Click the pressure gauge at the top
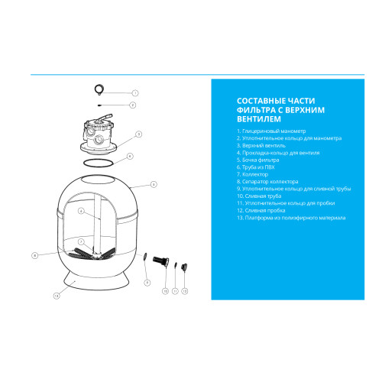(99, 89)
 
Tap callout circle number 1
(135, 93)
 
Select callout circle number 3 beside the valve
(138, 134)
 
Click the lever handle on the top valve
(104, 118)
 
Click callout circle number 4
(130, 156)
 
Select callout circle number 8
(35, 255)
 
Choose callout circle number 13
(57, 296)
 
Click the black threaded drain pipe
(161, 261)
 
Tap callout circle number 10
(166, 291)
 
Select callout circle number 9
(147, 283)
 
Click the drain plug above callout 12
(184, 267)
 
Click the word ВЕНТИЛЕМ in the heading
(259, 119)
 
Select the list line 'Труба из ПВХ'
(256, 167)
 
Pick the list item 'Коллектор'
(252, 174)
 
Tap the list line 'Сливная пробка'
(261, 211)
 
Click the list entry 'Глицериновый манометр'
(271, 131)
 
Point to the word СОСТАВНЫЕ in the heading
(261, 101)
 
